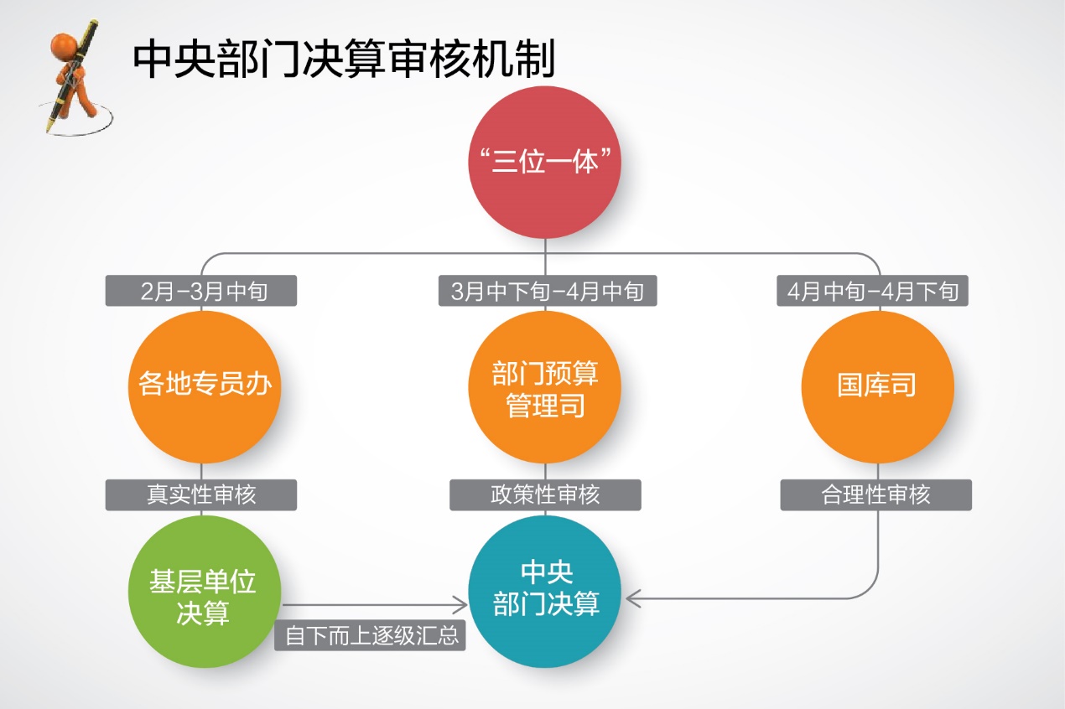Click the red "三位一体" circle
545,162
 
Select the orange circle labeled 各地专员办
201,386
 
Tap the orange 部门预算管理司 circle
545,388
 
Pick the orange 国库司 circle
877,386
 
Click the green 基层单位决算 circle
203,592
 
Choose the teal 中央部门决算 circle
545,592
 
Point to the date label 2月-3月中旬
201,291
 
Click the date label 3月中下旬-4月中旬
547,291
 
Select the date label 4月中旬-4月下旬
872,291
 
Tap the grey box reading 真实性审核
201,495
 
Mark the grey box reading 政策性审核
545,495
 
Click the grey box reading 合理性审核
875,495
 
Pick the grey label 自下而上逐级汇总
370,635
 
